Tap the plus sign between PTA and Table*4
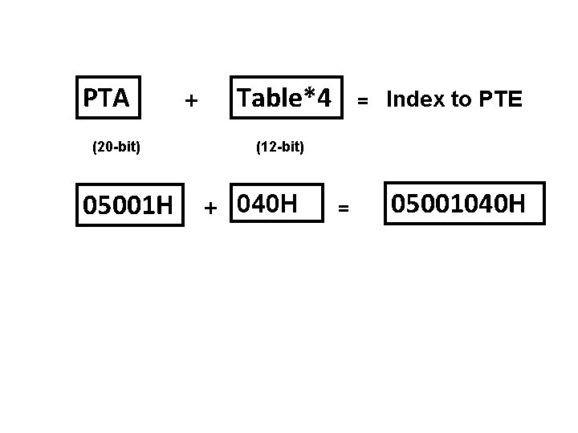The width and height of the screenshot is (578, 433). pos(190,101)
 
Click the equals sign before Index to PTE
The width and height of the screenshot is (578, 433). pos(363,101)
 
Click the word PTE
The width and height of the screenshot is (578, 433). pos(500,99)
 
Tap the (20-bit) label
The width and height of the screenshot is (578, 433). pos(117,147)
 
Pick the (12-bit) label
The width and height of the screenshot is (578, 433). pos(279,147)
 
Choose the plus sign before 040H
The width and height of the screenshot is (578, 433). pos(210,208)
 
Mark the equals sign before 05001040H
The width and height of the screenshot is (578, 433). pos(343,208)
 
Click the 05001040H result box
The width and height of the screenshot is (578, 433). pos(464,204)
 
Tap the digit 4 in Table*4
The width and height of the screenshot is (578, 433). pos(322,99)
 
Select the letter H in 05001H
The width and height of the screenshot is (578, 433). pos(162,208)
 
